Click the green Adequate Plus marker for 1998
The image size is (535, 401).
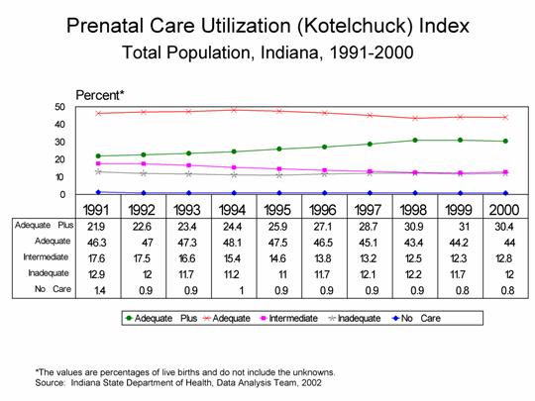pyautogui.click(x=414, y=141)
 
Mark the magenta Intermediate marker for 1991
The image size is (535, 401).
pyautogui.click(x=97, y=163)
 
